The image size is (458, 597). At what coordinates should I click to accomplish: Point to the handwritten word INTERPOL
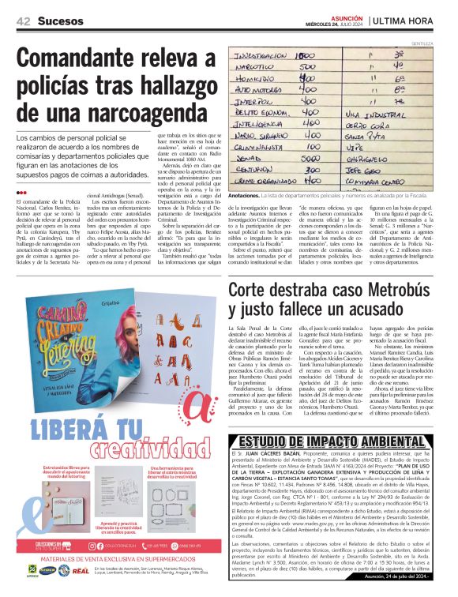coord(253,101)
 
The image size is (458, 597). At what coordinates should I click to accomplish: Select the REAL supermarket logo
coord(81,570)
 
